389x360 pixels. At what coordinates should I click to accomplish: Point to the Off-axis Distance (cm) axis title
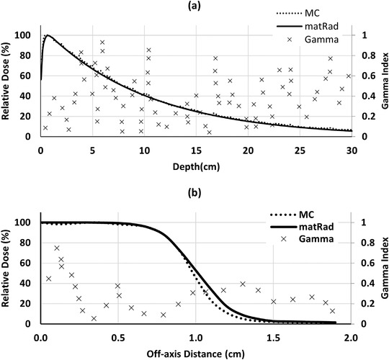(195, 353)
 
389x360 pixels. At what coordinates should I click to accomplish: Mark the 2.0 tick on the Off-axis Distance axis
(351, 336)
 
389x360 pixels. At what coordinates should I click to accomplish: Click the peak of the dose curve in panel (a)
(48, 35)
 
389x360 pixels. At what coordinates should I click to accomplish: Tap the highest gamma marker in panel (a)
(102, 42)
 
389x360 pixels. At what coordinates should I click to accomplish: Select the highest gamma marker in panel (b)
(57, 248)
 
